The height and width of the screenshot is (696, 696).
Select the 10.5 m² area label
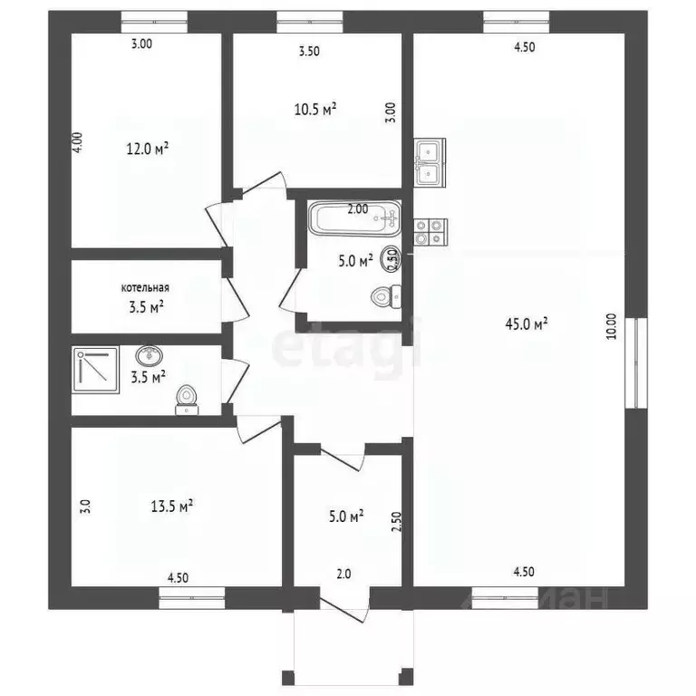coord(315,109)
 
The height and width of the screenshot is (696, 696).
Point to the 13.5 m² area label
coord(172,507)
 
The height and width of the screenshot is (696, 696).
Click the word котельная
coord(145,287)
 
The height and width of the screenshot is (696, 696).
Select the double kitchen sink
coord(429,161)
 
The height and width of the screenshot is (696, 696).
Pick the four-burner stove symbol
coord(429,232)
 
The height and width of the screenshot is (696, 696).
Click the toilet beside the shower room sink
coord(187,398)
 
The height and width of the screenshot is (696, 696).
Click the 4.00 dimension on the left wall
coord(78,145)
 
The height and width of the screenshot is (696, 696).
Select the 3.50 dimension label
coord(309,52)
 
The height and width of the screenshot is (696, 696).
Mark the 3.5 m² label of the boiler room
coord(145,307)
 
